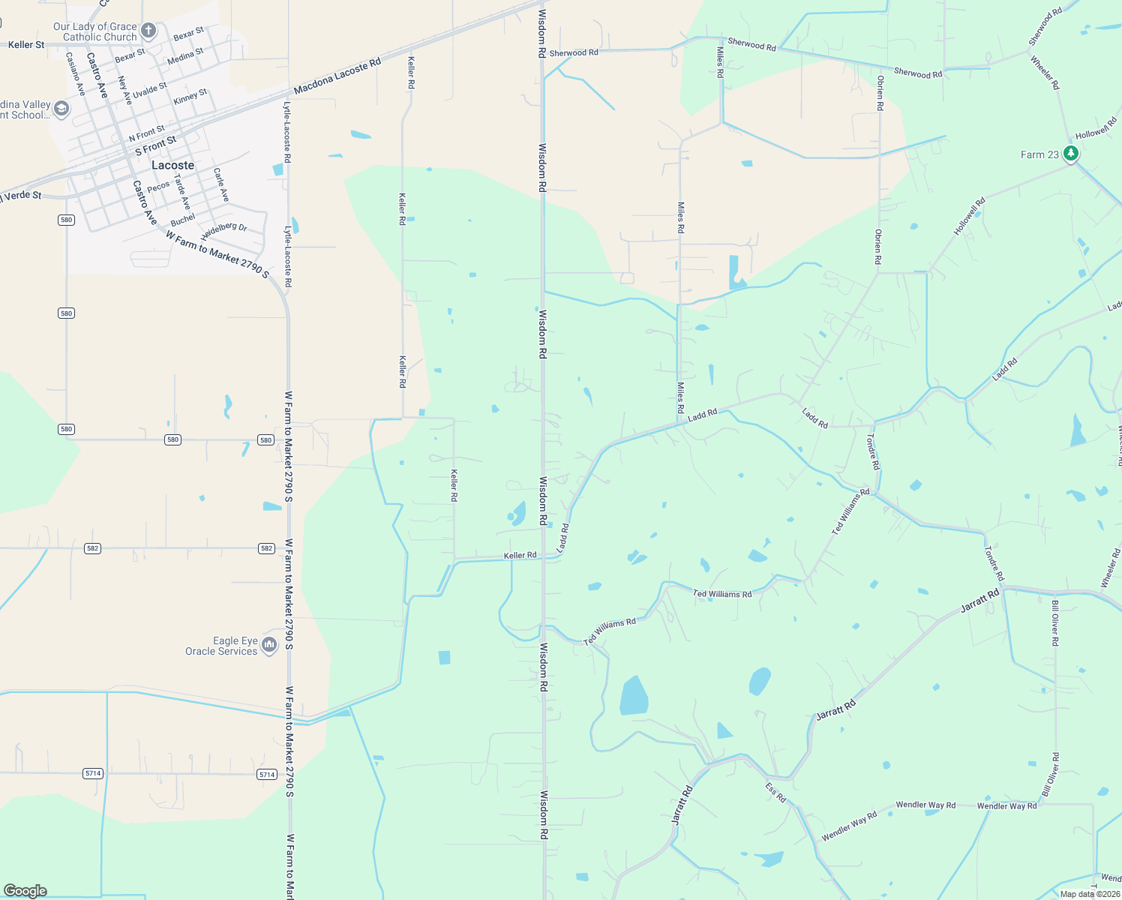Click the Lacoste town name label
pyautogui.click(x=172, y=165)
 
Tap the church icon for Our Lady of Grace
pyautogui.click(x=148, y=31)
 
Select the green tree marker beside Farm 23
pyautogui.click(x=1071, y=154)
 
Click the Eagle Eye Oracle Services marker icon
pyautogui.click(x=269, y=644)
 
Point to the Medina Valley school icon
pyautogui.click(x=61, y=110)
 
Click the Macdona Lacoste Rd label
pyautogui.click(x=337, y=77)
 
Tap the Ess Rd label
pyautogui.click(x=775, y=792)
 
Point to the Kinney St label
pyautogui.click(x=190, y=97)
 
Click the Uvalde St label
pyautogui.click(x=150, y=91)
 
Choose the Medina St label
pyautogui.click(x=185, y=56)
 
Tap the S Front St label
pyautogui.click(x=155, y=145)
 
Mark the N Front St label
pyautogui.click(x=146, y=134)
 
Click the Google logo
pyautogui.click(x=25, y=890)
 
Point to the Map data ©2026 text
pyautogui.click(x=1089, y=894)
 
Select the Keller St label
pyautogui.click(x=26, y=45)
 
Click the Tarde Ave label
pyautogui.click(x=182, y=192)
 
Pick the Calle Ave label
pyautogui.click(x=221, y=184)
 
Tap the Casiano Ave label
pyautogui.click(x=76, y=73)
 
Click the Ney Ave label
pyautogui.click(x=124, y=90)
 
